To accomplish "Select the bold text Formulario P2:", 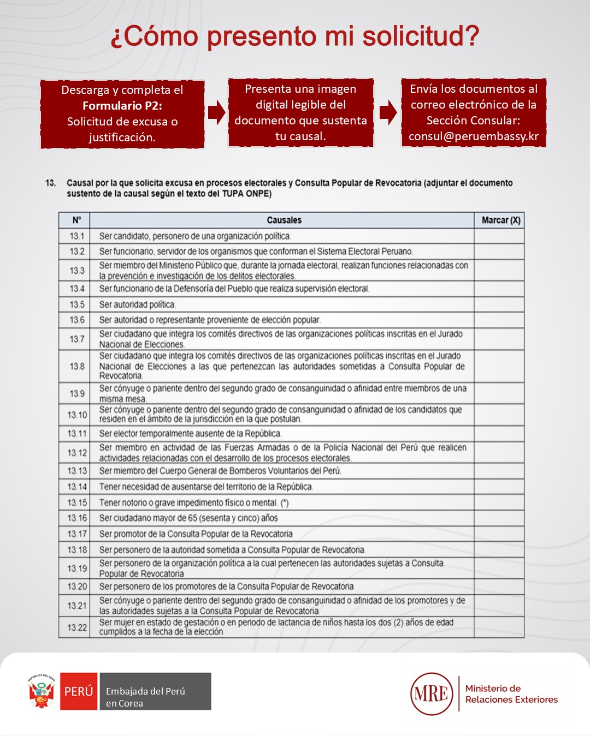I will (x=122, y=106).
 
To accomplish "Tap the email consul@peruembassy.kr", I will (x=474, y=136).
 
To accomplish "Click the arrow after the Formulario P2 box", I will (x=216, y=112).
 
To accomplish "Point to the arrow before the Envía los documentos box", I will (x=388, y=112).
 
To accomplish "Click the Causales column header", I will (x=284, y=220).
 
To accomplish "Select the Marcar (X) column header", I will (x=500, y=220).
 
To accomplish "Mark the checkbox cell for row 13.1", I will (x=499, y=236).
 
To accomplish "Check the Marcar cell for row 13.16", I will (x=499, y=518).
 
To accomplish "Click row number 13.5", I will (x=77, y=304).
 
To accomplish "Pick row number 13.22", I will (x=77, y=627).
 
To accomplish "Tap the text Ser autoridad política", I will (x=137, y=304).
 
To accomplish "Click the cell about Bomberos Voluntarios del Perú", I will (x=220, y=471).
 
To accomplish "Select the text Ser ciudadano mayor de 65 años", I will (x=188, y=518).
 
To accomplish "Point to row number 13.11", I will (x=77, y=434).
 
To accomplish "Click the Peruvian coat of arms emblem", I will (x=42, y=691).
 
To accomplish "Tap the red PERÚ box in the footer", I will (x=79, y=691).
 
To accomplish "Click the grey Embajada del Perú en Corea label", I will (x=155, y=691).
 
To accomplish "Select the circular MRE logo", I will (x=432, y=693).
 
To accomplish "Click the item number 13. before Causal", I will (x=51, y=183).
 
